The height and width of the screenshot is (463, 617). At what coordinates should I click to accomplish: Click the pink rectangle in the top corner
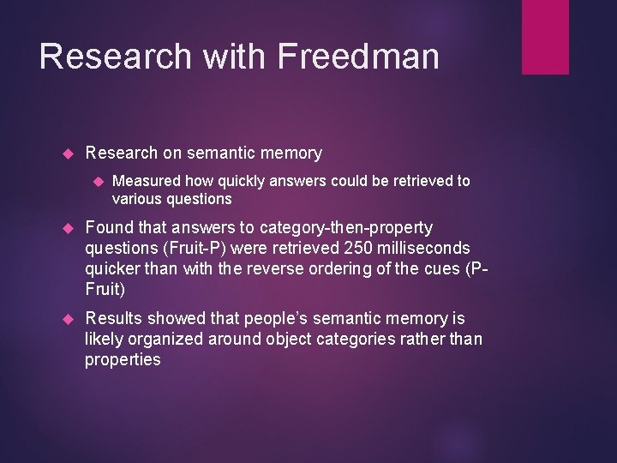(x=545, y=37)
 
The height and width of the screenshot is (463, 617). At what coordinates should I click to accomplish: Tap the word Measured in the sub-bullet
(x=145, y=181)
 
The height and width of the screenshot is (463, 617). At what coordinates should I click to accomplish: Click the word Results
(x=114, y=320)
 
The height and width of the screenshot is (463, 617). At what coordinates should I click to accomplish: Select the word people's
(x=269, y=320)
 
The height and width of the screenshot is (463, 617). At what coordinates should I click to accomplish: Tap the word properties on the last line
(x=123, y=359)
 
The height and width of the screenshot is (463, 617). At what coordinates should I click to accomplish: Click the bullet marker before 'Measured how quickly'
(x=99, y=181)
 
